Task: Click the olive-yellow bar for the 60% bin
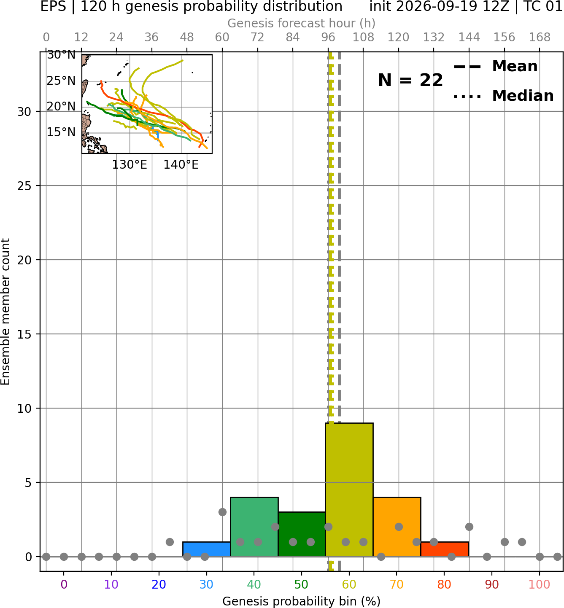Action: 349,490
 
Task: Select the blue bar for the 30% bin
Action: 206,549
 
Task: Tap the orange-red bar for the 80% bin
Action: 445,549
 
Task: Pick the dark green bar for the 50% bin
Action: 302,534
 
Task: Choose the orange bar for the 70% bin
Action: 397,527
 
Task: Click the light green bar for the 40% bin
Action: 254,527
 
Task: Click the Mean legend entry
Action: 495,67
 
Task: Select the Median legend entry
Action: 504,96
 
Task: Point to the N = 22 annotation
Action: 410,80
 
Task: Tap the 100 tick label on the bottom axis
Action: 540,584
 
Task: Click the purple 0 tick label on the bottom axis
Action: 64,584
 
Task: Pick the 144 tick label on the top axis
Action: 469,38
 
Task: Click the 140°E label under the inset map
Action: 181,165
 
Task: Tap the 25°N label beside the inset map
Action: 61,81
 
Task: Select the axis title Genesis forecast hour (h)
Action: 302,23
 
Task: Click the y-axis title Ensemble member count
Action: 5,312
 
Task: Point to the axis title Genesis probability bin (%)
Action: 302,601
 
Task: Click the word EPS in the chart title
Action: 53,7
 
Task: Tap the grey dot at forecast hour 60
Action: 222,512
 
